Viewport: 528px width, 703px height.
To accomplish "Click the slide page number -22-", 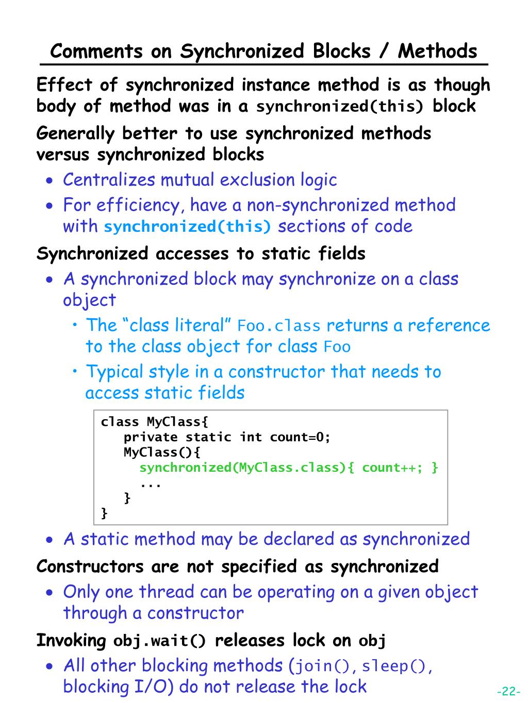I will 508,691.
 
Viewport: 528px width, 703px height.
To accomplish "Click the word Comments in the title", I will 97,51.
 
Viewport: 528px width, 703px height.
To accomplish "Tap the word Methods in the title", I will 438,51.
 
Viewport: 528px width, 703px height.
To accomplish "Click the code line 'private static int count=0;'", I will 227,437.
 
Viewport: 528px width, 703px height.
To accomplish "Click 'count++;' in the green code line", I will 391,468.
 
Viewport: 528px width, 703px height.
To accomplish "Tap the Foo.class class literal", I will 279,326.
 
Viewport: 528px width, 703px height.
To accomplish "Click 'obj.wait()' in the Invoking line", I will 160,641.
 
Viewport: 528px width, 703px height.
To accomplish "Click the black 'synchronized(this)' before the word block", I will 340,107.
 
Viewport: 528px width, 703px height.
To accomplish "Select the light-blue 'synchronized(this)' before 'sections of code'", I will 188,227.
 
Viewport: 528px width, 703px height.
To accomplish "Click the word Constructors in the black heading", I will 90,566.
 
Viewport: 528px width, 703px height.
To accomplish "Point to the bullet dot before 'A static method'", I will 49,540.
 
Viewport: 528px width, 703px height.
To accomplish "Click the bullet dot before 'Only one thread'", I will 49,593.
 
